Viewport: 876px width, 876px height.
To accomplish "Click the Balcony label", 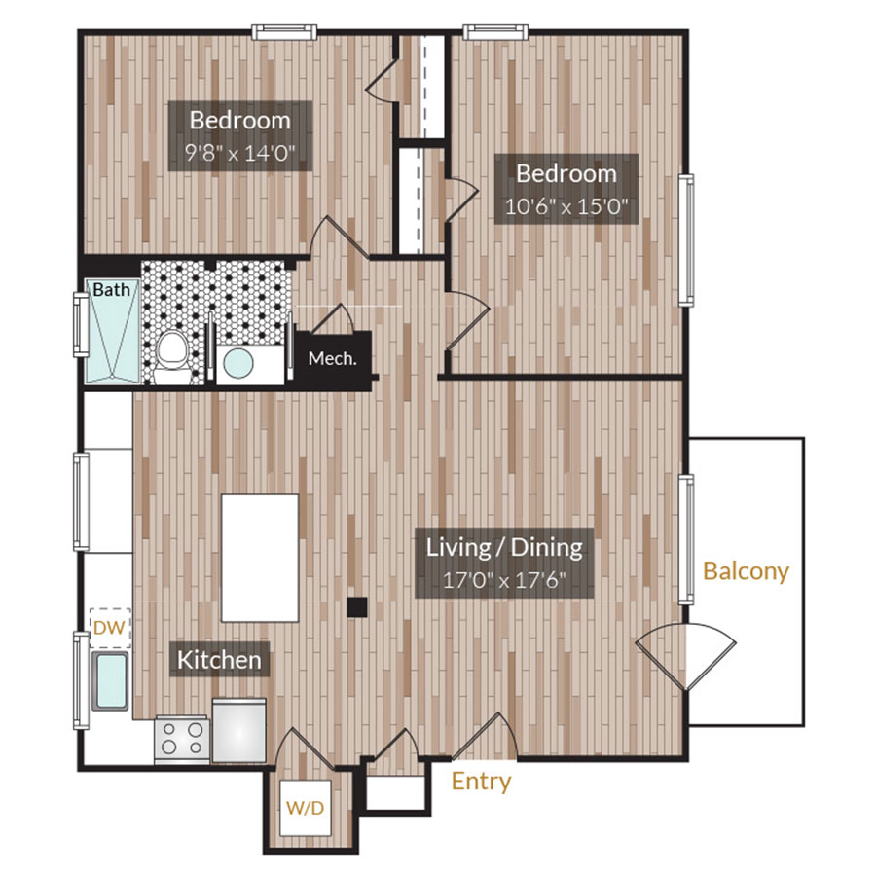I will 746,571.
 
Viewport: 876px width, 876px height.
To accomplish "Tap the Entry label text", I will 481,782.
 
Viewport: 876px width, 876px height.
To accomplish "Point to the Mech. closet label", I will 332,358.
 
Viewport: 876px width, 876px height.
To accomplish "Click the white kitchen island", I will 260,557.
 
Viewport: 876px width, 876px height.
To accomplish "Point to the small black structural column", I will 357,606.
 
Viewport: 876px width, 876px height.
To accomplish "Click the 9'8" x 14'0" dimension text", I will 239,152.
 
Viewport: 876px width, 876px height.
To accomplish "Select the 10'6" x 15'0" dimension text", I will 566,205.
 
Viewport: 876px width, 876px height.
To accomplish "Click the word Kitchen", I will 219,660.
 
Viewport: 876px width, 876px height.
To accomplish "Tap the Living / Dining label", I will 504,547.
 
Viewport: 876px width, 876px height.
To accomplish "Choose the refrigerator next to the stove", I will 238,729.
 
